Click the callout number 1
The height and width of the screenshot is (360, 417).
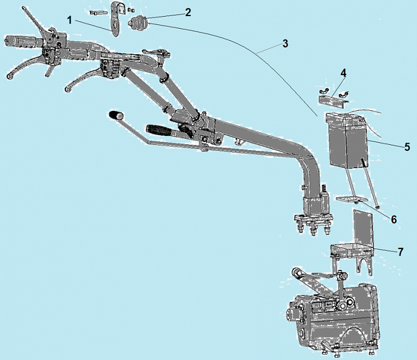tap(70, 20)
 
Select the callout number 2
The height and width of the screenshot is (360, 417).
tap(188, 13)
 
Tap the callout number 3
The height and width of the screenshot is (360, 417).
tap(285, 44)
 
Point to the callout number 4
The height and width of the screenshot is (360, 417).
tap(343, 73)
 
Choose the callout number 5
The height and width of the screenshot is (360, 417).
tap(407, 147)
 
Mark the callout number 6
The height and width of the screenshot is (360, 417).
tap(394, 219)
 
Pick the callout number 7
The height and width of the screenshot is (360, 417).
tap(400, 252)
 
